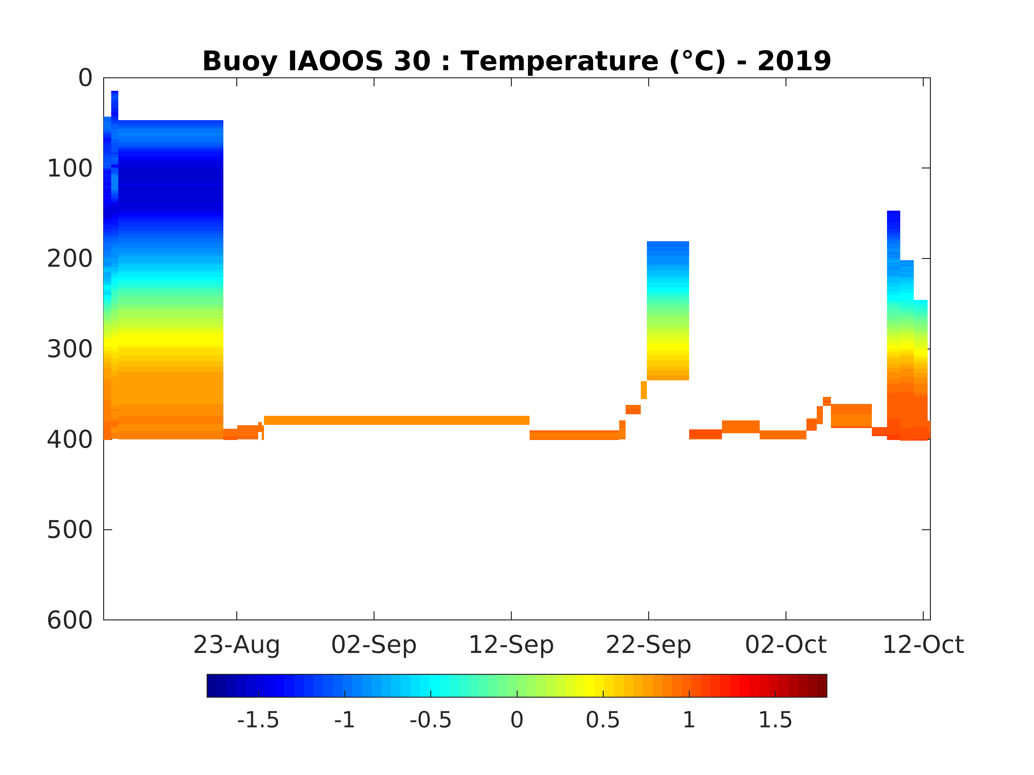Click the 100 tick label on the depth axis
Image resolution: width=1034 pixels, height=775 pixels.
pyautogui.click(x=70, y=169)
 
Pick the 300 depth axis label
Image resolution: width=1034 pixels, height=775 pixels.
pyautogui.click(x=70, y=349)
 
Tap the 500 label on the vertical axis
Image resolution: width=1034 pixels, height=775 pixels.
pyautogui.click(x=70, y=530)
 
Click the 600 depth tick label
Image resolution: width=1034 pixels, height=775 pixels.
pyautogui.click(x=70, y=620)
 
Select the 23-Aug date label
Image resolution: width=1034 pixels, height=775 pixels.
pyautogui.click(x=237, y=645)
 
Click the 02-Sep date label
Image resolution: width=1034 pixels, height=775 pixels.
pyautogui.click(x=374, y=645)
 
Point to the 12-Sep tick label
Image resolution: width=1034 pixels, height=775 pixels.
pyautogui.click(x=511, y=645)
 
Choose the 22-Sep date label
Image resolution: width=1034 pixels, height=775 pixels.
pyautogui.click(x=649, y=645)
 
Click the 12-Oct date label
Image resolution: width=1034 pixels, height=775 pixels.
pyautogui.click(x=923, y=645)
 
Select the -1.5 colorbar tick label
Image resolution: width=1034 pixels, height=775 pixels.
pyautogui.click(x=258, y=720)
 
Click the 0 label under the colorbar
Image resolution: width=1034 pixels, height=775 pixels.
pyautogui.click(x=517, y=720)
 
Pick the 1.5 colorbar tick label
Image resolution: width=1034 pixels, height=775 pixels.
pyautogui.click(x=775, y=720)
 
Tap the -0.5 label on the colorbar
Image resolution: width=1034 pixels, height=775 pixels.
pyautogui.click(x=431, y=720)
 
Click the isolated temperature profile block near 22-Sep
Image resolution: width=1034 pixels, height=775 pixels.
pyautogui.click(x=668, y=311)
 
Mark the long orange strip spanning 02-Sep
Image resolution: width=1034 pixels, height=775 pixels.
pyautogui.click(x=396, y=420)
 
